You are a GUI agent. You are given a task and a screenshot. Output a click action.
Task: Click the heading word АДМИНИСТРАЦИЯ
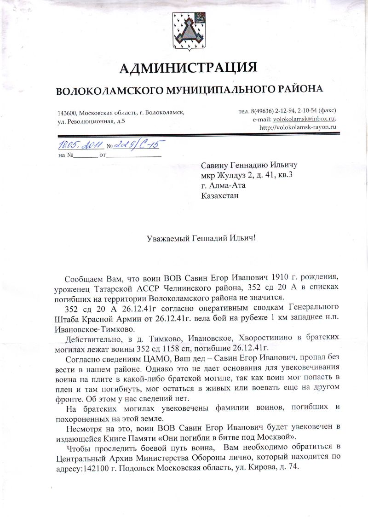coord(188,68)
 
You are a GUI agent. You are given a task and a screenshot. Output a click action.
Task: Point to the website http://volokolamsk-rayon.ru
coord(298,127)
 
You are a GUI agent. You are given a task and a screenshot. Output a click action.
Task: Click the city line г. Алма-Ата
coord(224,186)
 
